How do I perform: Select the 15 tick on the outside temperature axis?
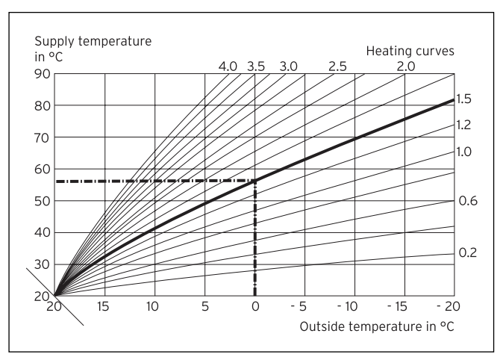tap(104, 306)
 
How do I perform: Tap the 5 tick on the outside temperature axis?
tap(204, 306)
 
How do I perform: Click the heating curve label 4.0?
tap(228, 66)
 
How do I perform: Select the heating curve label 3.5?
tap(256, 66)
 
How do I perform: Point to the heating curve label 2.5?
tap(337, 66)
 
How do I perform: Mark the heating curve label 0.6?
tap(467, 202)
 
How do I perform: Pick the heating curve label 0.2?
tap(467, 253)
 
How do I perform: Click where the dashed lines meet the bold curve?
tap(255, 181)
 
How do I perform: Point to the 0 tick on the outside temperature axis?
tap(255, 306)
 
